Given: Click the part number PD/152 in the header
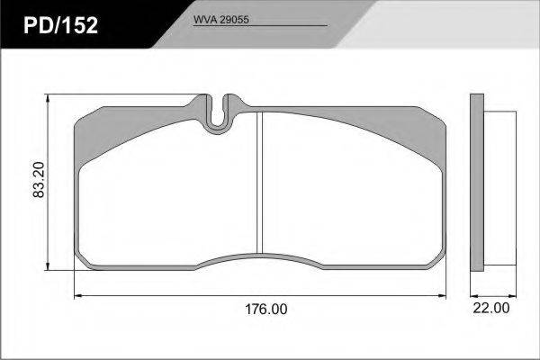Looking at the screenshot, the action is (x=60, y=25).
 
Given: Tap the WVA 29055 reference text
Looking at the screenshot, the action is (x=220, y=20).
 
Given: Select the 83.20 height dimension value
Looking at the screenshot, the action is (x=39, y=179).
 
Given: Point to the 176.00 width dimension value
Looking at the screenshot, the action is (x=265, y=309).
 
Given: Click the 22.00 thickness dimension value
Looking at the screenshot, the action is (x=491, y=308).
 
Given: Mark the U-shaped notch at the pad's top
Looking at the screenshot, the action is (x=217, y=113).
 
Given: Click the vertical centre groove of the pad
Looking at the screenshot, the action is (x=260, y=183).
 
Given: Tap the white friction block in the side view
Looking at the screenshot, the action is (x=500, y=188).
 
